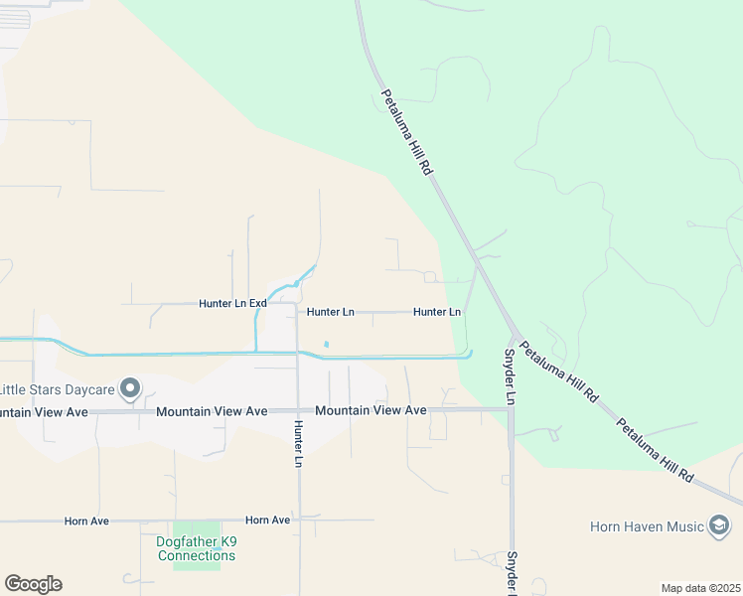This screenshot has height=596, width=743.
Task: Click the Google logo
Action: coord(33,584)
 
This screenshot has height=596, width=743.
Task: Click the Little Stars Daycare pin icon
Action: coord(129,388)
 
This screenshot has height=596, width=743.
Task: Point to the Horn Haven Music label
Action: coord(646,525)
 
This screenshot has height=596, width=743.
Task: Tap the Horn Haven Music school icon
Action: coord(719,525)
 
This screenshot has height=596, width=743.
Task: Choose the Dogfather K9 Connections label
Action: coord(196,548)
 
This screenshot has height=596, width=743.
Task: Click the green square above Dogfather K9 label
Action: coord(196,529)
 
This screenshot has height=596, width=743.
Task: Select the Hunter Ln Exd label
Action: coord(232,303)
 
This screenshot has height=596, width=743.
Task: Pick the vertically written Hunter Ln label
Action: coord(298,443)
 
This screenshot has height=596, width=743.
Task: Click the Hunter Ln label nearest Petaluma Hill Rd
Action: coord(437,312)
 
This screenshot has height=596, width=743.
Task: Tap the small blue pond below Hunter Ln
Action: coord(326,345)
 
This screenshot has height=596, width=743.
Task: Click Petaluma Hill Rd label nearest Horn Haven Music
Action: coord(655,449)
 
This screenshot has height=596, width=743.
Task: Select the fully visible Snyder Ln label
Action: coord(510,375)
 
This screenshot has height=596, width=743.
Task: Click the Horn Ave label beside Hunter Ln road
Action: coord(268,520)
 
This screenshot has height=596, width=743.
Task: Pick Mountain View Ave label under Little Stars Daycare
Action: coord(46,411)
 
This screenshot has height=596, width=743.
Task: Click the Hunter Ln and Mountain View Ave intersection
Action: coord(298,409)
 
